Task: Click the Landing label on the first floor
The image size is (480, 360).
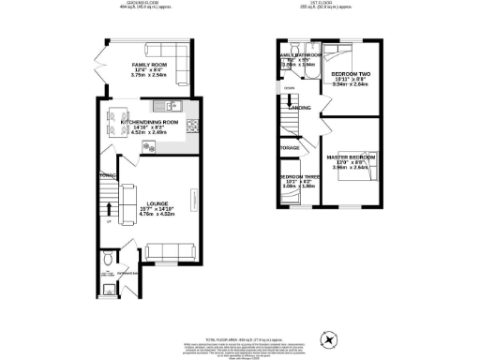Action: (x=300, y=108)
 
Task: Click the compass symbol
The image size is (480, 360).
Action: (x=328, y=338)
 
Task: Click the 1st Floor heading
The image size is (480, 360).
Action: (x=325, y=5)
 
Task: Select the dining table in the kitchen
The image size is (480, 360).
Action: (x=118, y=122)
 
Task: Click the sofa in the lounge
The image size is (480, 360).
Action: (x=170, y=248)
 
